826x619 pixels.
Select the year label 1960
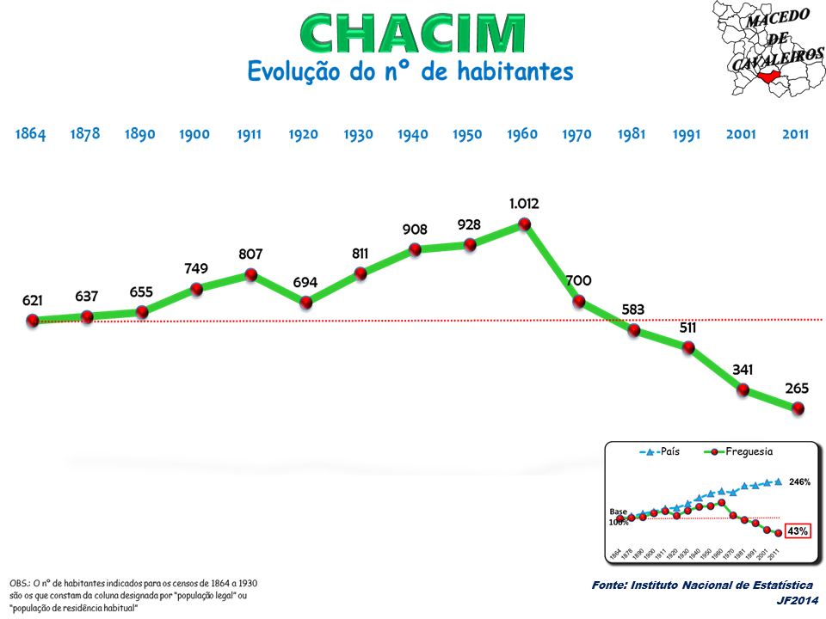pyautogui.click(x=522, y=134)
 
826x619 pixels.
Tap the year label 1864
pyautogui.click(x=30, y=134)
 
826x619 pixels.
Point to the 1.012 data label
pyautogui.click(x=523, y=204)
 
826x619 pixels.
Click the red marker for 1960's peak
pyautogui.click(x=524, y=224)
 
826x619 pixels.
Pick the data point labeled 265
pyautogui.click(x=798, y=409)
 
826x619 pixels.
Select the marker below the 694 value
pyautogui.click(x=305, y=302)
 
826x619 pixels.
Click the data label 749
pyautogui.click(x=195, y=269)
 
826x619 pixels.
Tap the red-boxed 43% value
pyautogui.click(x=798, y=531)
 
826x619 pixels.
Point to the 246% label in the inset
pyautogui.click(x=800, y=482)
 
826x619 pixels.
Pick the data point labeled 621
pyautogui.click(x=33, y=321)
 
